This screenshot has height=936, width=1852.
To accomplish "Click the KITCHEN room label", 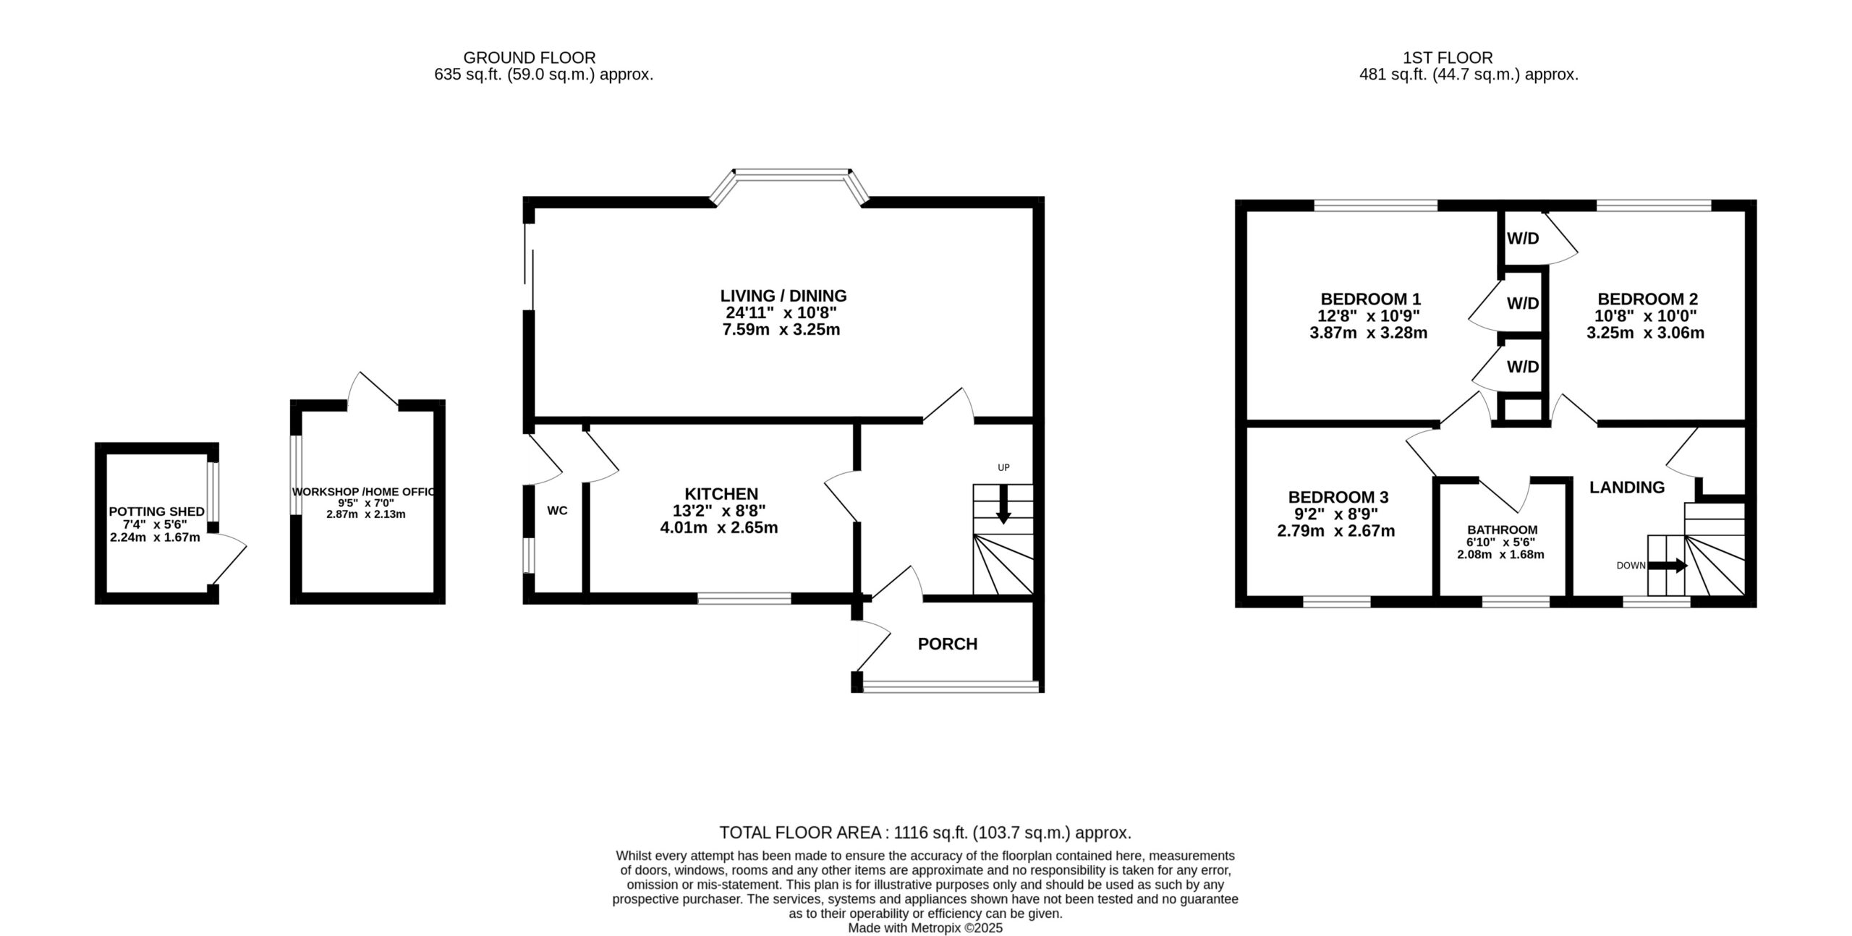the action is coord(721,494).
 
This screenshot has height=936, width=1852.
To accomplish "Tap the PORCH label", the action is coord(947,644).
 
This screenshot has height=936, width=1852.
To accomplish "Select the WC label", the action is coord(557,511).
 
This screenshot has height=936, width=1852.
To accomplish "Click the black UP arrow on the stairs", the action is coord(1003,504).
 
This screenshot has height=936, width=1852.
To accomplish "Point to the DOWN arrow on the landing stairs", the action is coord(1668,566).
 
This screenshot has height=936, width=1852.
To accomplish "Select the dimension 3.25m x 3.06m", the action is coord(1645,333).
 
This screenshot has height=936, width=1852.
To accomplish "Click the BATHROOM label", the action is coord(1502,530).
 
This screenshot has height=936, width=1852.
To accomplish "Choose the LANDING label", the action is coord(1627,488).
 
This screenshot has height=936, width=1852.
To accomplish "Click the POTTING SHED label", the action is coord(157,512).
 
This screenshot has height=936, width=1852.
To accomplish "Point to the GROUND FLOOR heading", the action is coord(530,58).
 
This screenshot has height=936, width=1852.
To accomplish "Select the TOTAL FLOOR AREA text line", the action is coord(925,833).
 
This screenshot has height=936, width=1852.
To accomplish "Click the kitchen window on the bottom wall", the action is coord(744,598).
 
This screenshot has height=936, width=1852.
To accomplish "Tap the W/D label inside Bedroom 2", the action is coord(1523,239).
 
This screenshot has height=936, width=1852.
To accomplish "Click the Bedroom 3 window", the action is coord(1337,601).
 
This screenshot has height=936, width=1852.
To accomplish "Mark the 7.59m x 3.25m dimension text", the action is coord(781,331).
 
